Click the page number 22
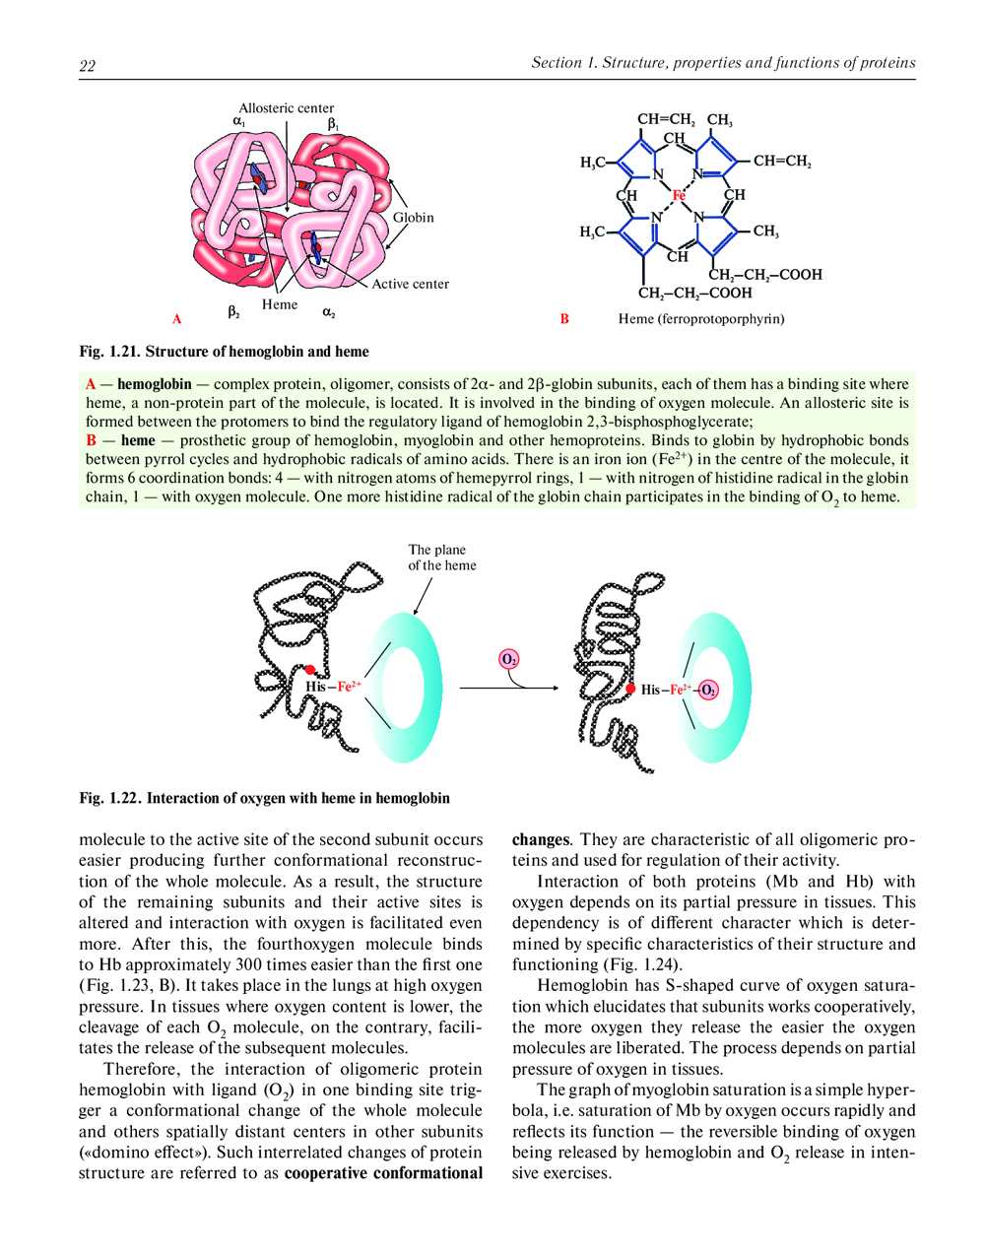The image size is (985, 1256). [87, 66]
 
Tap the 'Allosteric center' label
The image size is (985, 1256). [286, 108]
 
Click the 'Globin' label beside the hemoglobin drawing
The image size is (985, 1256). [413, 217]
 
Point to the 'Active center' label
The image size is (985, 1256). [410, 284]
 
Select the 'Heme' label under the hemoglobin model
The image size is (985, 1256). [280, 304]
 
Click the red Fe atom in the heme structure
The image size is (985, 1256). [679, 196]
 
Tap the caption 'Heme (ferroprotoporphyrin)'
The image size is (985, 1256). [701, 318]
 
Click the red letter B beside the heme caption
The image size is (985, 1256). [564, 318]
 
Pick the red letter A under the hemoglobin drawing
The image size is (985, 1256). [177, 318]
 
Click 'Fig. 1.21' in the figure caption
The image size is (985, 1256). [110, 352]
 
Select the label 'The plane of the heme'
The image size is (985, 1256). [442, 558]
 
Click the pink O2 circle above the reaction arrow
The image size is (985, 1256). [509, 659]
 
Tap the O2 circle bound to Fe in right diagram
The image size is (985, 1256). [708, 690]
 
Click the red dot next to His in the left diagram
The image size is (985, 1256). [310, 670]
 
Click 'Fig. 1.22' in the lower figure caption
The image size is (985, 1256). [110, 798]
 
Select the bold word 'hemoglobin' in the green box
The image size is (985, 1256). [155, 384]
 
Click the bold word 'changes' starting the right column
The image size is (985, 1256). [541, 840]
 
